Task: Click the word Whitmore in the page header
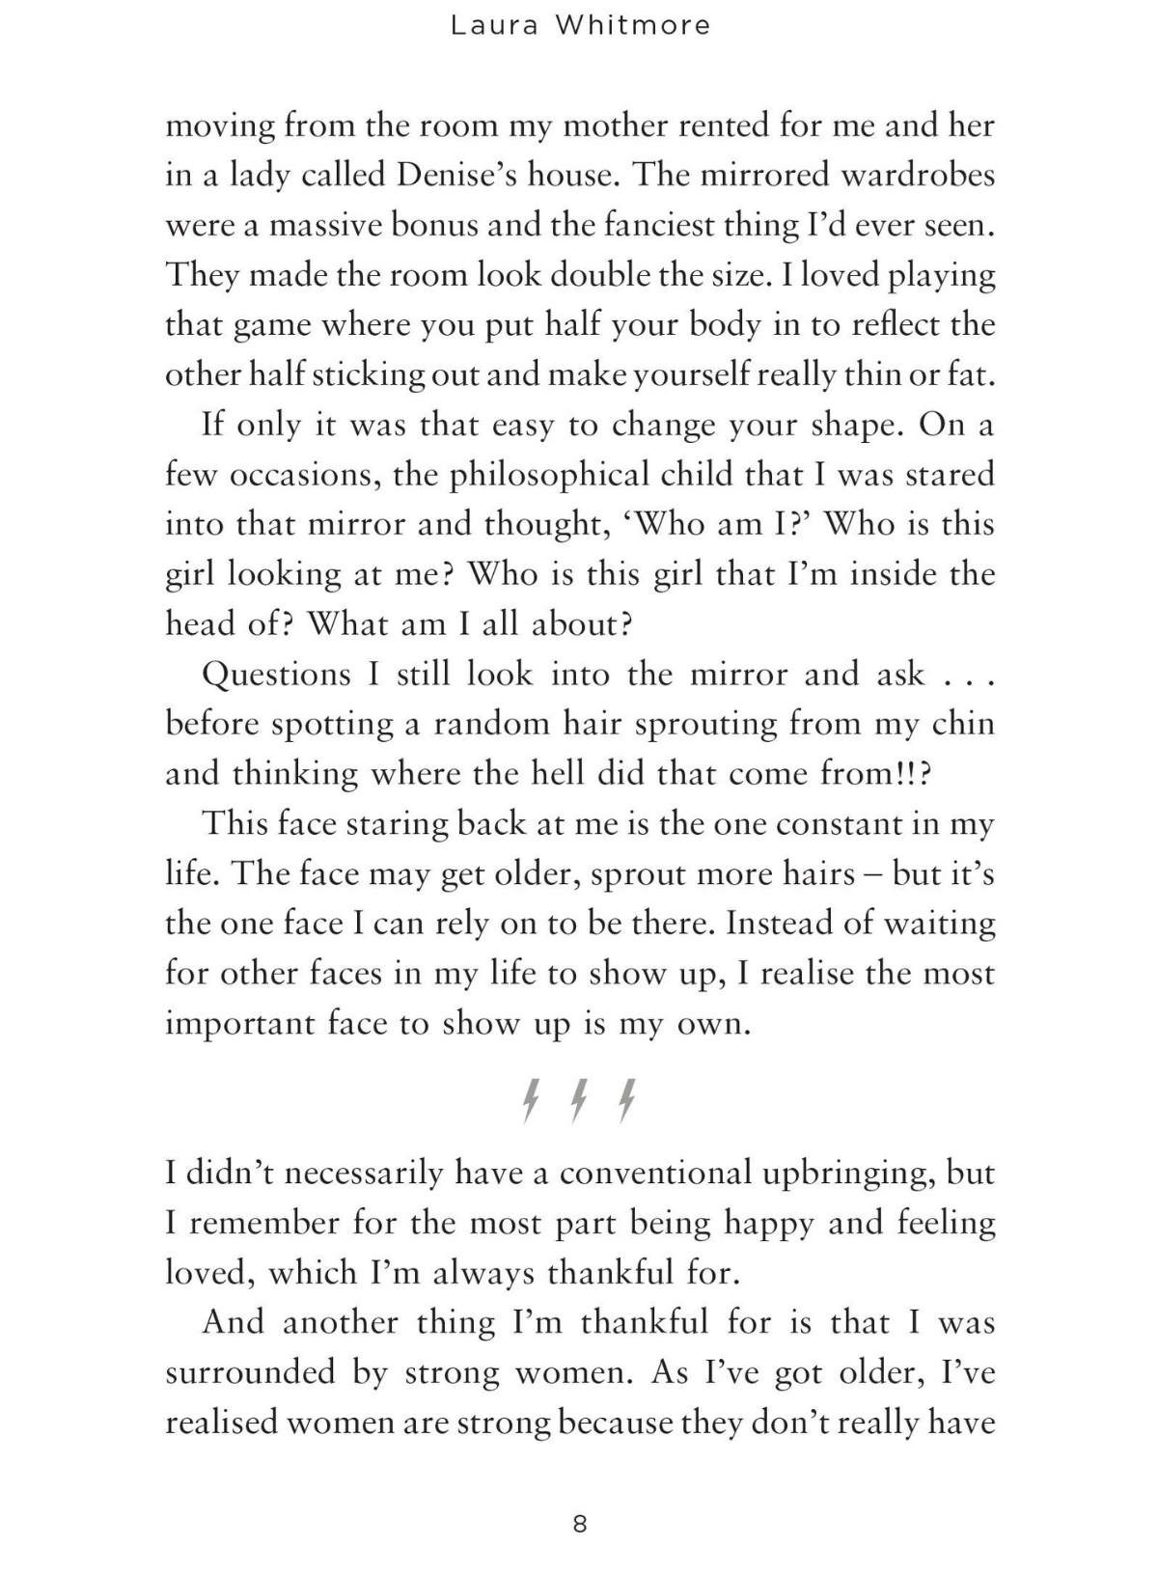point(632,26)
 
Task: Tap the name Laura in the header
point(492,26)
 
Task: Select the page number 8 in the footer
point(580,1524)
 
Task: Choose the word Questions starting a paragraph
point(276,674)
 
